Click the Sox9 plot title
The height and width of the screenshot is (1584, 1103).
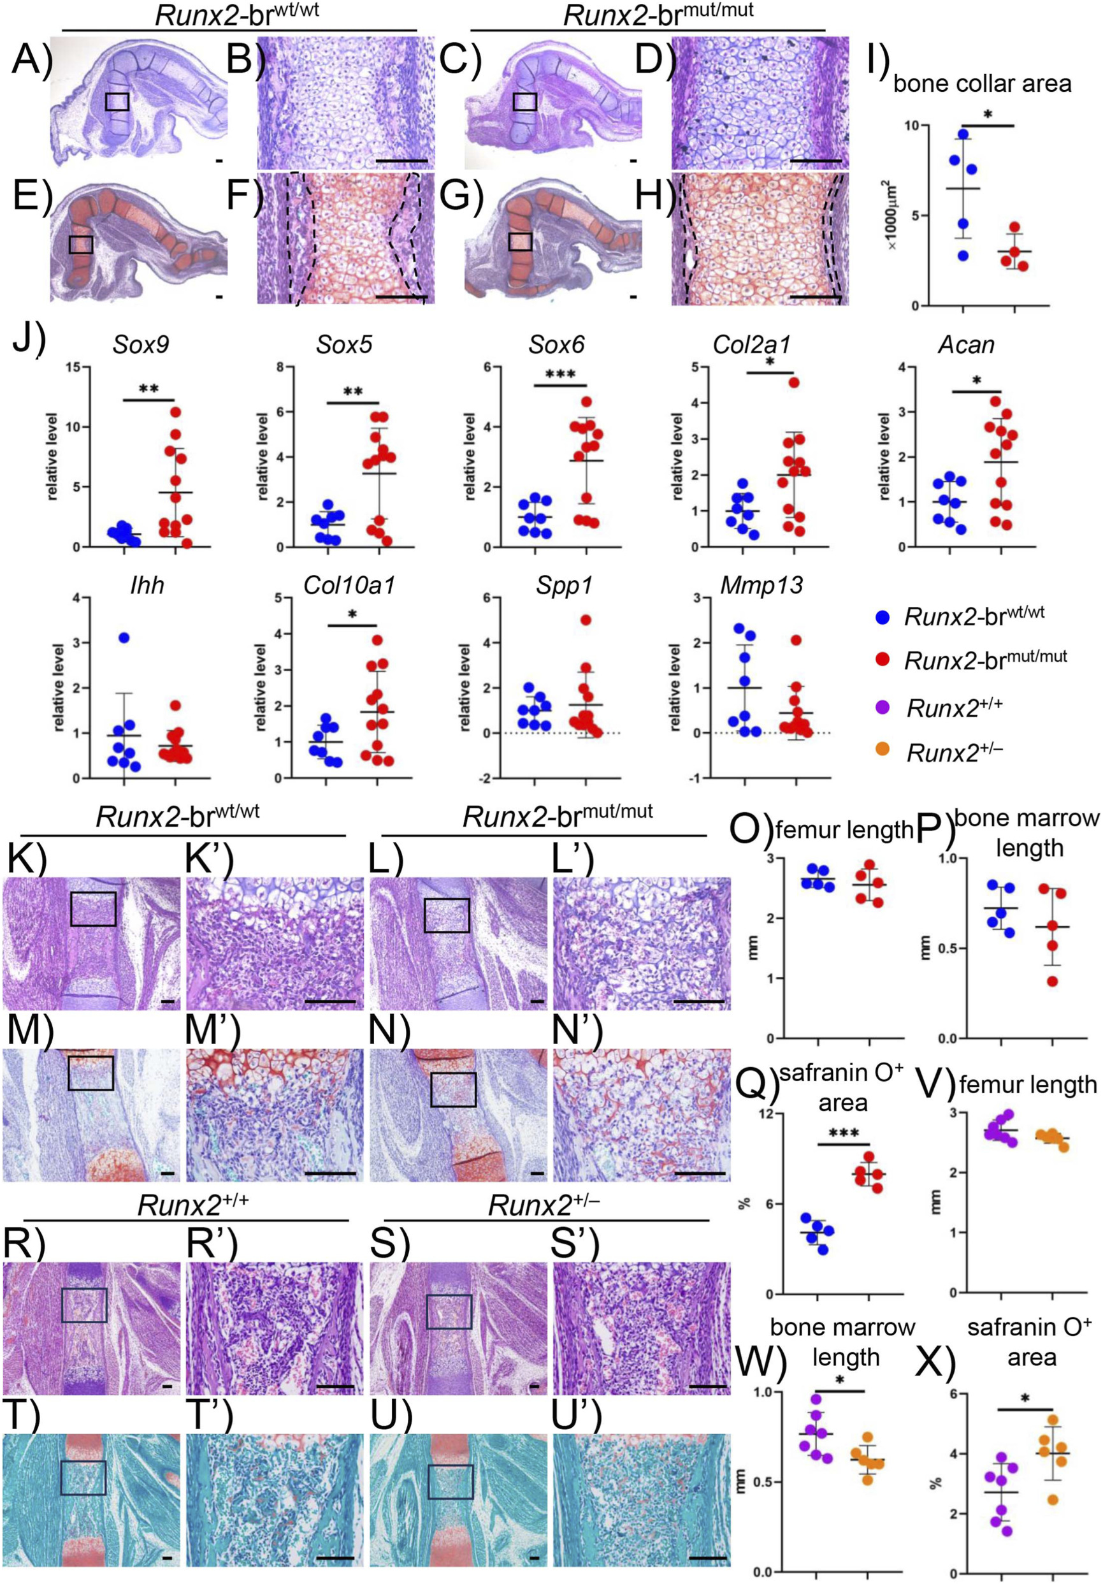[x=141, y=344]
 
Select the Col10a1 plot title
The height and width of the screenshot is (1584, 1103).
[x=350, y=585]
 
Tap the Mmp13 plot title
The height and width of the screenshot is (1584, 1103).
[x=762, y=585]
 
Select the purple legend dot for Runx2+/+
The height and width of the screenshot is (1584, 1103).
[x=882, y=706]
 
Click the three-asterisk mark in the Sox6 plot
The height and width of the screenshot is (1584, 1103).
[x=560, y=375]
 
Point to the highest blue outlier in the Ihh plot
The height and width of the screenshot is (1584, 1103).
[x=124, y=637]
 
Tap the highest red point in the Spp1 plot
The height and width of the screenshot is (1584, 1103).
[x=586, y=620]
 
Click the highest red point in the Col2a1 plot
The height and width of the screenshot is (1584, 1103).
[x=794, y=382]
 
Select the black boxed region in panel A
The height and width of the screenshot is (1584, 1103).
[x=117, y=102]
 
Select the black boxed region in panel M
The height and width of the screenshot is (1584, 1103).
[x=90, y=1073]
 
